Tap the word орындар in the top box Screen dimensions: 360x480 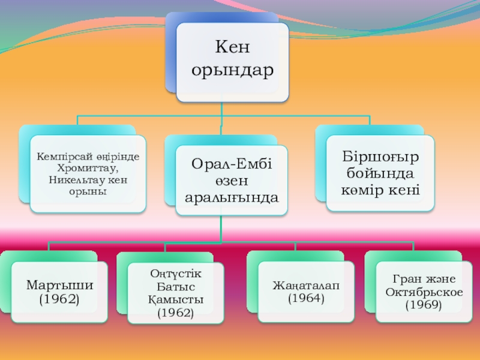232,70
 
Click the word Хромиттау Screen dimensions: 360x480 88,167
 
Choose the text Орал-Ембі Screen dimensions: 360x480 232,163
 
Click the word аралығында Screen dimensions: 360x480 232,197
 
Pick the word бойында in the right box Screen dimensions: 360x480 380,174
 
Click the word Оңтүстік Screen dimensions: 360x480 176,274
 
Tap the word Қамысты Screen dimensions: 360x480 176,299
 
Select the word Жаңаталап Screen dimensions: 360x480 305,284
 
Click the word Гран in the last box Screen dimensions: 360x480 406,280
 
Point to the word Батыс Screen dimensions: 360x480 176,286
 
